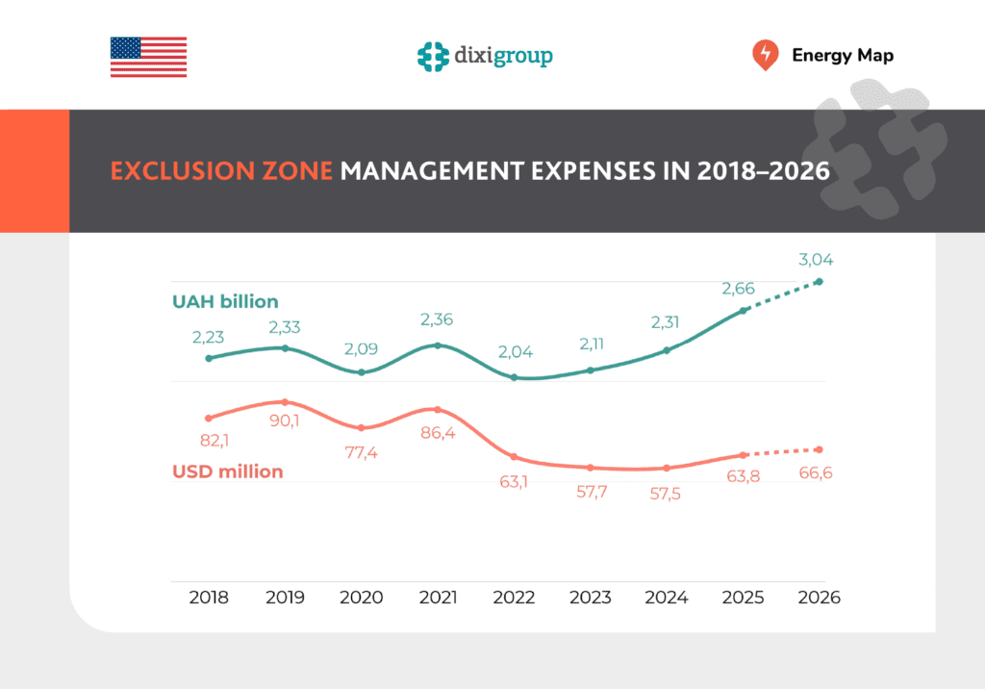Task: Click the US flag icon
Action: click(x=148, y=57)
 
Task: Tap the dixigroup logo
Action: click(x=485, y=56)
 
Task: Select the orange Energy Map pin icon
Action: click(x=765, y=55)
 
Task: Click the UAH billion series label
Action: click(x=225, y=301)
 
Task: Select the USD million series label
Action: click(x=228, y=472)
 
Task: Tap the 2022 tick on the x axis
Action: click(x=514, y=598)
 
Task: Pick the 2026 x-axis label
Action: click(x=820, y=598)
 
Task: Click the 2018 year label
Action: click(x=209, y=598)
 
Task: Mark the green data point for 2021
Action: click(x=438, y=345)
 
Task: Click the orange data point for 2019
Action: click(x=285, y=401)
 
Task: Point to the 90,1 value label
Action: click(x=285, y=421)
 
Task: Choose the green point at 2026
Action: click(x=820, y=281)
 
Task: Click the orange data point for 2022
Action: click(x=514, y=456)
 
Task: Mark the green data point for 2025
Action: click(x=743, y=311)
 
